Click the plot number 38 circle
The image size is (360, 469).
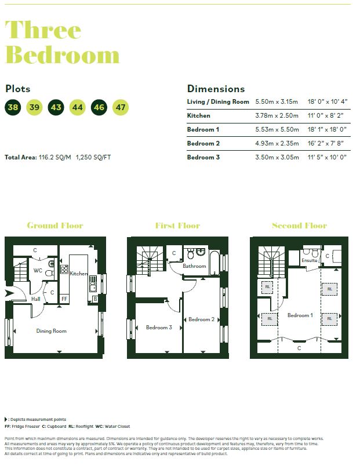13,107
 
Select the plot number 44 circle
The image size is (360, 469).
78,107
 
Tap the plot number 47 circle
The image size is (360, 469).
121,107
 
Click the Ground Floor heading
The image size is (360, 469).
55,226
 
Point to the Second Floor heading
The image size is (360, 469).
299,226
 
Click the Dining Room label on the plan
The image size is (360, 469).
52,331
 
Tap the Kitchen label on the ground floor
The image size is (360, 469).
78,273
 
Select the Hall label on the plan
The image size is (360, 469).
36,299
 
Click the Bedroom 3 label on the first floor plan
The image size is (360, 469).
159,328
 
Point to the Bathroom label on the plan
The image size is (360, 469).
194,266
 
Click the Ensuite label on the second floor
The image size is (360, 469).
310,260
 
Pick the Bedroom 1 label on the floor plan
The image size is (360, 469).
300,315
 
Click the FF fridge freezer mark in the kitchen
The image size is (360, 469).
64,299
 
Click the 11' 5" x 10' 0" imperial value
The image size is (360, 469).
326,157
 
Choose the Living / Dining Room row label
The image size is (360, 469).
218,101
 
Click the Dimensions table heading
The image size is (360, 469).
216,89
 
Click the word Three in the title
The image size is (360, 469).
43,30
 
